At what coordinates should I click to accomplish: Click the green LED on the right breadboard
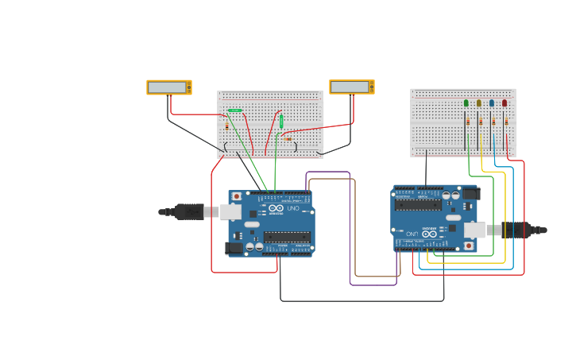click(x=466, y=103)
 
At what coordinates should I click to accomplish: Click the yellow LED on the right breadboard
click(x=478, y=103)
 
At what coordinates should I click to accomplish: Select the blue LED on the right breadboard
click(x=492, y=103)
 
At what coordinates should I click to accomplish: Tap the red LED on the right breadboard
click(x=504, y=103)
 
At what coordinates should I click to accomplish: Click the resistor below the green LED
click(x=469, y=122)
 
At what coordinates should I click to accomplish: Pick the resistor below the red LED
click(x=506, y=122)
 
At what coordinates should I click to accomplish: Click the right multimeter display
click(x=350, y=87)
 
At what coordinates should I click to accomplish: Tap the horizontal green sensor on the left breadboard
click(x=235, y=110)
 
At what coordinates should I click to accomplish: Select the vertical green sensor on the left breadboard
click(x=281, y=122)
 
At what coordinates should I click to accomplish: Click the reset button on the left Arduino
click(x=236, y=196)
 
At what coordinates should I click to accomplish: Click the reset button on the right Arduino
click(x=469, y=246)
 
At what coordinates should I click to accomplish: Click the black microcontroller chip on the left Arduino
click(x=287, y=235)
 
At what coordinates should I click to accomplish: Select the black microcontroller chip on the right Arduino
click(x=418, y=205)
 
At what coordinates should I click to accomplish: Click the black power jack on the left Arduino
click(x=234, y=248)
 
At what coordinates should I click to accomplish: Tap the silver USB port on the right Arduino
click(x=474, y=230)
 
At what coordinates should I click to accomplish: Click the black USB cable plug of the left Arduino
click(x=190, y=211)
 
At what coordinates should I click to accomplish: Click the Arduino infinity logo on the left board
click(x=276, y=208)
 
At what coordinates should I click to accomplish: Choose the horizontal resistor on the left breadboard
click(x=288, y=140)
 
